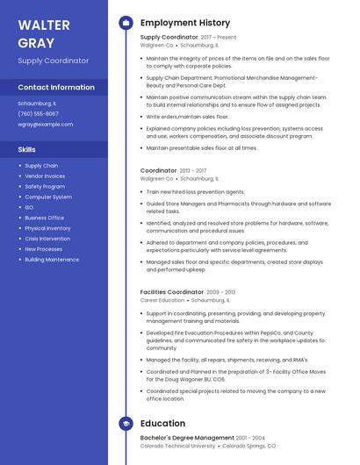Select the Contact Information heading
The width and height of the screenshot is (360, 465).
coord(56,87)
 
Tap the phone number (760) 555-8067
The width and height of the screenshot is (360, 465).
coord(39,113)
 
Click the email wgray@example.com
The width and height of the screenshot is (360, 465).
coord(46,125)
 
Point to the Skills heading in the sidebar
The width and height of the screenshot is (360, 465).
coord(27,149)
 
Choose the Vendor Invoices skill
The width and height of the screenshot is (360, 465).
coord(45,175)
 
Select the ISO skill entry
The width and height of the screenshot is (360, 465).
coord(29,207)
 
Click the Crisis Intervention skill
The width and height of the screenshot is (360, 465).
coord(47,239)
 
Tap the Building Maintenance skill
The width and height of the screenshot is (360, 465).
coord(52,260)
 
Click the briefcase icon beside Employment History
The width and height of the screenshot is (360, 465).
coord(126,23)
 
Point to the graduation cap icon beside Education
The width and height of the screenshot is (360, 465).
coord(126,424)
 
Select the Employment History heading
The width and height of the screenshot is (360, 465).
coord(185,23)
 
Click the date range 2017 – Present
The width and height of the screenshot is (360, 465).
coord(219,38)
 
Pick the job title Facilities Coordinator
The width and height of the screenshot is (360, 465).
coord(172,291)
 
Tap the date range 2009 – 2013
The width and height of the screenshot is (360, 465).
coord(221,292)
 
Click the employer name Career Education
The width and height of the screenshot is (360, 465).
coord(162,300)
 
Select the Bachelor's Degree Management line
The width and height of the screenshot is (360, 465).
coord(187,437)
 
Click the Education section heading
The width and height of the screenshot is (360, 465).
coord(162,424)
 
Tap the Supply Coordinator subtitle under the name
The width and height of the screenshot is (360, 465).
coord(54,61)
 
